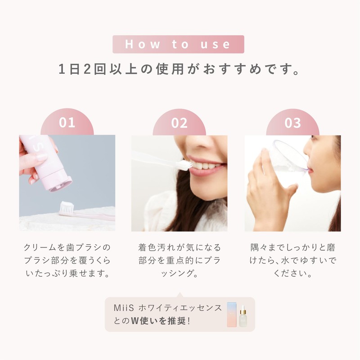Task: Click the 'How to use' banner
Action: click(x=178, y=44)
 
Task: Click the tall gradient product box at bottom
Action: click(x=232, y=314)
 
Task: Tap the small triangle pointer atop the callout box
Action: click(x=180, y=295)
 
